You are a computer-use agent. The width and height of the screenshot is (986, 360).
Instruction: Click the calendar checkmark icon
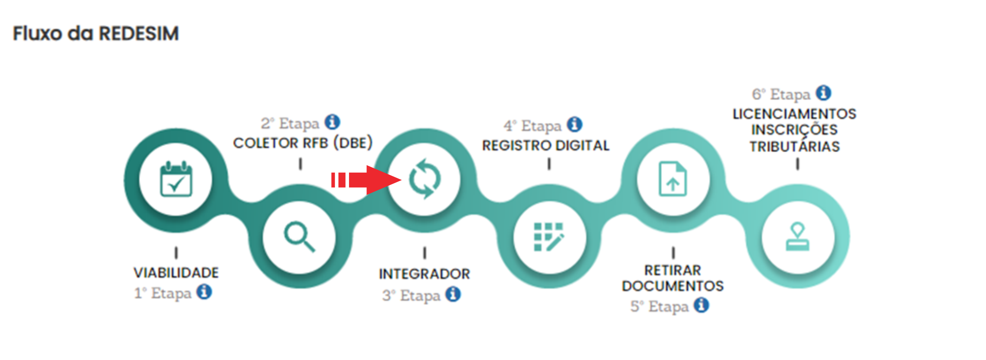coord(176,179)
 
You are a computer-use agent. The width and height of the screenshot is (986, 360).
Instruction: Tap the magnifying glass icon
coord(299,236)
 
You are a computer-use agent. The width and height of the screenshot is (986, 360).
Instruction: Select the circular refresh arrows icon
coord(425,179)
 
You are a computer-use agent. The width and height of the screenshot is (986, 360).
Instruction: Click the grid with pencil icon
coord(549,237)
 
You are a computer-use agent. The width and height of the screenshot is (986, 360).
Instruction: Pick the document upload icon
coord(673,179)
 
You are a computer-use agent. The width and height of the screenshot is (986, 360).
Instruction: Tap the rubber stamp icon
coord(797,237)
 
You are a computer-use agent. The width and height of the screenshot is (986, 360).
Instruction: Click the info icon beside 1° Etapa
coord(204,292)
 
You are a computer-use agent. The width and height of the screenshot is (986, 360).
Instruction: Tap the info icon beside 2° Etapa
coord(333,122)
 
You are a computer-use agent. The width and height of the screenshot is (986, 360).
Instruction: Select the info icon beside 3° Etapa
coord(453,294)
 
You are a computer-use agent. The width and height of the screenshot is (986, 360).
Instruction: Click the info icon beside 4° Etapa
coord(575,124)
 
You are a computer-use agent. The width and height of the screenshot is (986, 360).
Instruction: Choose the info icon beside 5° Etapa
coord(701,305)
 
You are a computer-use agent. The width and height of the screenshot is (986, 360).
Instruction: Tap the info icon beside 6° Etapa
coord(823,93)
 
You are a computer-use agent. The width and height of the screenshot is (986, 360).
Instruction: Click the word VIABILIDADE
coord(176,273)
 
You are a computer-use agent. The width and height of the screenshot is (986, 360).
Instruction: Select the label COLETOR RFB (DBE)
coord(303,143)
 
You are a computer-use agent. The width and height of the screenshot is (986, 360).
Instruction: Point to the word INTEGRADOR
coord(424,274)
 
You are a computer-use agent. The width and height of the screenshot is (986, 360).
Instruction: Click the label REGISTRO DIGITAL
coord(545,145)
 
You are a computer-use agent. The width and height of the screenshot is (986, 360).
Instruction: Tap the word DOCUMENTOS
coord(673,286)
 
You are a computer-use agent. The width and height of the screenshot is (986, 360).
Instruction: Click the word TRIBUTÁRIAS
coord(794,147)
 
